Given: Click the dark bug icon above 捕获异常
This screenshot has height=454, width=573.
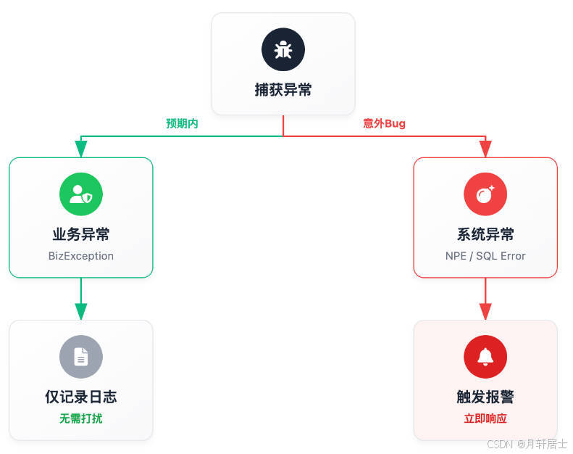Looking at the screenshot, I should pos(283,49).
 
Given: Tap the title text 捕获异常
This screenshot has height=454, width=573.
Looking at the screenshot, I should pos(283,90).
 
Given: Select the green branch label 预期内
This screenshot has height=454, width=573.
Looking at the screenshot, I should pos(182,123).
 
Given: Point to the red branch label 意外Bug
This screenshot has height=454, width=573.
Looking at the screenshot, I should pos(384,123).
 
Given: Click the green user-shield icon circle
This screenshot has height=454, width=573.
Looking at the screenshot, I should pos(81,194).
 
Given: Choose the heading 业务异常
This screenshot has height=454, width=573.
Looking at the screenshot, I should pos(81,234).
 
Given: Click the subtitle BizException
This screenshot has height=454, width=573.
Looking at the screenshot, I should pos(81,256).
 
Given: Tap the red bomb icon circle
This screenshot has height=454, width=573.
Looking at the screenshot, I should pos(485,194).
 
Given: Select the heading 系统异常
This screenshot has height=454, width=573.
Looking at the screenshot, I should pos(485,234).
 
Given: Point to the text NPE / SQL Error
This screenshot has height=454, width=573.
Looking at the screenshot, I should pos(485,256).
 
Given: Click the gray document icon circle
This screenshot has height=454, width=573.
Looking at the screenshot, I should pos(81,357).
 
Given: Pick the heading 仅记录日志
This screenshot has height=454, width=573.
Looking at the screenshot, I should pos(81,397).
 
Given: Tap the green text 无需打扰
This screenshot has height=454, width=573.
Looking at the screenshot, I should pos(81,418).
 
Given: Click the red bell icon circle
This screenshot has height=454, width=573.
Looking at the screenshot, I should pos(485,357).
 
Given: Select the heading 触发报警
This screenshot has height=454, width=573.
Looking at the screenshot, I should pos(485,397).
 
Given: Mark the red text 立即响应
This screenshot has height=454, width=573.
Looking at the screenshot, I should pos(485,418).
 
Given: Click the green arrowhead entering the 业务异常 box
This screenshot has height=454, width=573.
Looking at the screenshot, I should pos(81,149).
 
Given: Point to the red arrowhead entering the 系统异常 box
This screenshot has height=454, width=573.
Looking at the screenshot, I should pos(485,149).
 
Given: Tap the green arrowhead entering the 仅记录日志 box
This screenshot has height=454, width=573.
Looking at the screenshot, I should pos(81,311).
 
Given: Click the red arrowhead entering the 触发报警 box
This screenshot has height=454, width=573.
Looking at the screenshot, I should pos(485,311).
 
